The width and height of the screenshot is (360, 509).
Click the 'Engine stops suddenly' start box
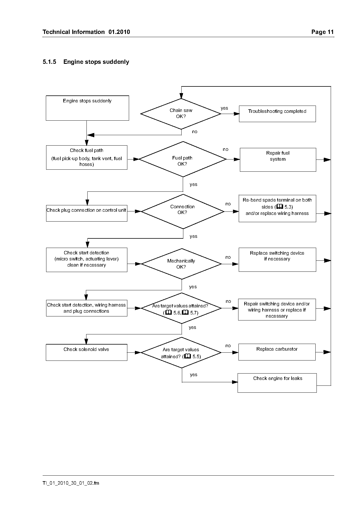[x=87, y=108]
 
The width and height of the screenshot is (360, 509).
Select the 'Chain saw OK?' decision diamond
[x=181, y=114]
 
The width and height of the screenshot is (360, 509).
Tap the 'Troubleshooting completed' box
[x=277, y=114]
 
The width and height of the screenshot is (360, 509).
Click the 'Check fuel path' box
[x=87, y=157]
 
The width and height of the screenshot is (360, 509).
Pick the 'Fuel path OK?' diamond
[x=183, y=159]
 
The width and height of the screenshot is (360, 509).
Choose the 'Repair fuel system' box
[x=278, y=160]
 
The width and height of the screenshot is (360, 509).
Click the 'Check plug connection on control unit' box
[x=87, y=213]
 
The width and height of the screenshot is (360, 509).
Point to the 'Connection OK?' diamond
[x=183, y=211]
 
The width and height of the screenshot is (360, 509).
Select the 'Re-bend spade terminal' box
[x=277, y=209]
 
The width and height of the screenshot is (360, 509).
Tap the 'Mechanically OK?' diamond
[x=182, y=264]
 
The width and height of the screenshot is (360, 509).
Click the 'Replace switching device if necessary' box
[x=277, y=260]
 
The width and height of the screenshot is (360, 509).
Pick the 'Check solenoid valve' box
[x=86, y=352]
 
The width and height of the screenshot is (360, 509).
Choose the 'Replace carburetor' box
[x=277, y=352]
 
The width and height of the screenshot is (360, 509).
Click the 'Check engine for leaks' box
[x=277, y=383]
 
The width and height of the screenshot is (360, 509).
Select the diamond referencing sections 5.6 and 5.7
[x=181, y=308]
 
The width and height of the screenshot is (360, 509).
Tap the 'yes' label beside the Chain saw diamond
[x=224, y=108]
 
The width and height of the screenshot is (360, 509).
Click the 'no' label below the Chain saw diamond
[x=195, y=132]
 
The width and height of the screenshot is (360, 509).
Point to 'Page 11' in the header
[x=323, y=32]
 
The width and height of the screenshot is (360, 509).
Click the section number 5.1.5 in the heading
[x=49, y=62]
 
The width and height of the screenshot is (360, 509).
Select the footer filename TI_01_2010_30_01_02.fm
[x=71, y=483]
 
